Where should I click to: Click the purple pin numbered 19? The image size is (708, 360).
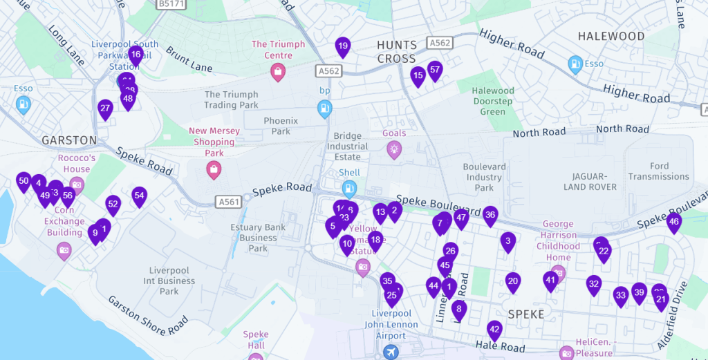click(x=343, y=47)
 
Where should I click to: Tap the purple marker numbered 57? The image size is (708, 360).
click(x=435, y=70)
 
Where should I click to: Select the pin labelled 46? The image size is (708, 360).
click(x=674, y=222)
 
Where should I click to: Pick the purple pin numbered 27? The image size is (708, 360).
click(x=105, y=108)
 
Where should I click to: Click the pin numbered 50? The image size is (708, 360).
click(x=24, y=182)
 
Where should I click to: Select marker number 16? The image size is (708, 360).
click(x=136, y=55)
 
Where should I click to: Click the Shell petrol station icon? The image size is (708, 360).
click(x=350, y=188)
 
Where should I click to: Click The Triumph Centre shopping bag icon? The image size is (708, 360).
click(x=278, y=72)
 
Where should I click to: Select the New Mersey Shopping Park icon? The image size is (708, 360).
click(x=214, y=169)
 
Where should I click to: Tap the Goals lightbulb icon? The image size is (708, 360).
click(x=394, y=149)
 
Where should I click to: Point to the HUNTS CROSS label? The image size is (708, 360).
click(x=396, y=52)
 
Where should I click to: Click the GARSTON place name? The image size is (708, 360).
click(x=69, y=140)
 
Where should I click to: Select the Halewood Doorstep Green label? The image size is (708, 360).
click(x=493, y=101)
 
